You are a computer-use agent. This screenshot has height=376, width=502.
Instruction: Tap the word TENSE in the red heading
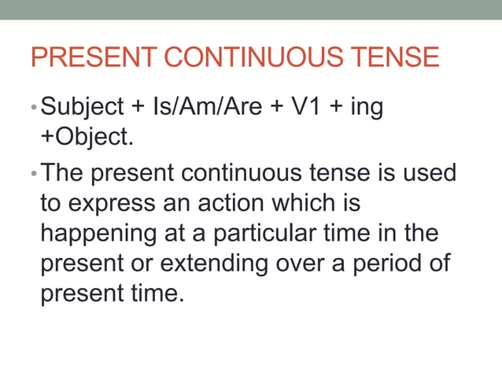coord(397,57)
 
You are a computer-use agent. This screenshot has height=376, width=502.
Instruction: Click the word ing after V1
coord(366,108)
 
